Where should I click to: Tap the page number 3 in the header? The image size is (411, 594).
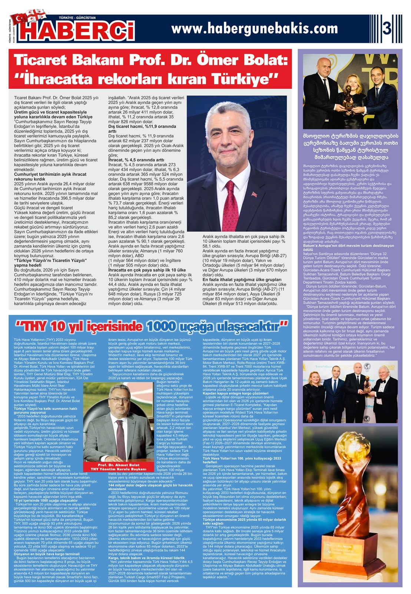(387, 28)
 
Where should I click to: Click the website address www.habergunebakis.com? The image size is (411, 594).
(255, 28)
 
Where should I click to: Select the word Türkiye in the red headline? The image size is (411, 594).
(241, 79)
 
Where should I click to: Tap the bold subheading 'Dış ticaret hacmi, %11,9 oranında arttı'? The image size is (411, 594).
(142, 129)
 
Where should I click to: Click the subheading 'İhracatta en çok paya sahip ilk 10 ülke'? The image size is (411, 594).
(147, 270)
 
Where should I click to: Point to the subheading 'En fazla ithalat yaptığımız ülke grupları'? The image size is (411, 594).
(242, 280)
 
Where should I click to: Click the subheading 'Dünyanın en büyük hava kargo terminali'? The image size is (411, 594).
(47, 554)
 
